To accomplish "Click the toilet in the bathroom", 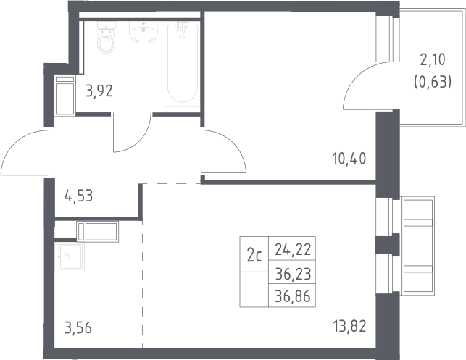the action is click(106, 38).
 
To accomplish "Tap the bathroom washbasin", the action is click(143, 32).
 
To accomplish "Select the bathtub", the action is click(182, 64).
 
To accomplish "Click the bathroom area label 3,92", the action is click(99, 91).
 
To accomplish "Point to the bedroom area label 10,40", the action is click(349, 159).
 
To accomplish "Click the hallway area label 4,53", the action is click(79, 196).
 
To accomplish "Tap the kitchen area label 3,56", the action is click(78, 328).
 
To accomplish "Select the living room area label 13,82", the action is click(349, 326).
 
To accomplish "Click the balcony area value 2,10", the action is click(433, 60).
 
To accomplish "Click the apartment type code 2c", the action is click(254, 256).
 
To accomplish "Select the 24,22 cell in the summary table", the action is click(293, 249).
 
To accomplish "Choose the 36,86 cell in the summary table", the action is click(293, 296).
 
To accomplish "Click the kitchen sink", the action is click(70, 257).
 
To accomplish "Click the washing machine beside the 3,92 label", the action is click(65, 96).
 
